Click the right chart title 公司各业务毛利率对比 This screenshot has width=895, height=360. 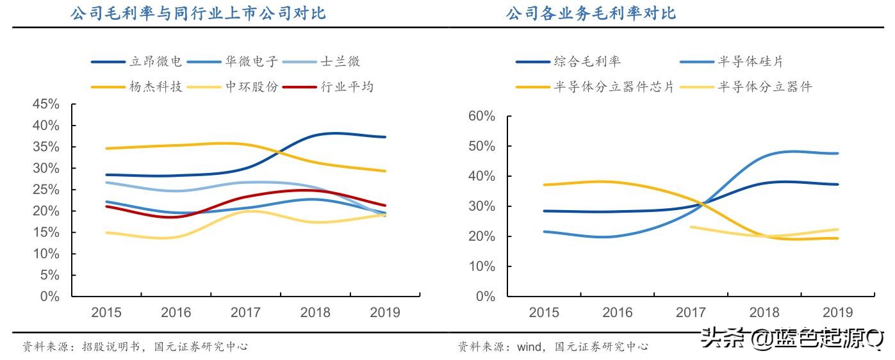pos(590,13)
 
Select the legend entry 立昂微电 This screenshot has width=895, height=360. pos(156,62)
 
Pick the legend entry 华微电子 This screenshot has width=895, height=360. pos(251,62)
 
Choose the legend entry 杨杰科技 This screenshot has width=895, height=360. pos(156,86)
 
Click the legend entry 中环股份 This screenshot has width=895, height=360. pos(251,86)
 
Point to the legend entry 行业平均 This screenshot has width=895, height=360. pos(347,86)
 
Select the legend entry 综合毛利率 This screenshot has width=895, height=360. pos(587,62)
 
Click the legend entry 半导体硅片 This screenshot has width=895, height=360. pos(750,62)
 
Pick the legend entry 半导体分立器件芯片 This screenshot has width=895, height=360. pos(614,87)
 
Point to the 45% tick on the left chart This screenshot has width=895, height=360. pos(45,104)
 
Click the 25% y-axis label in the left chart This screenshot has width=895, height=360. pos(45,190)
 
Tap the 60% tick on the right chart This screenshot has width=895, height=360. pos(481,116)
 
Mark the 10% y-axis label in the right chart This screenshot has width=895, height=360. pos(481,266)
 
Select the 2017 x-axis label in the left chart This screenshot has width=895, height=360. pos(246,313)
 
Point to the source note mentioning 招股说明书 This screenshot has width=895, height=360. pos(135,347)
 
